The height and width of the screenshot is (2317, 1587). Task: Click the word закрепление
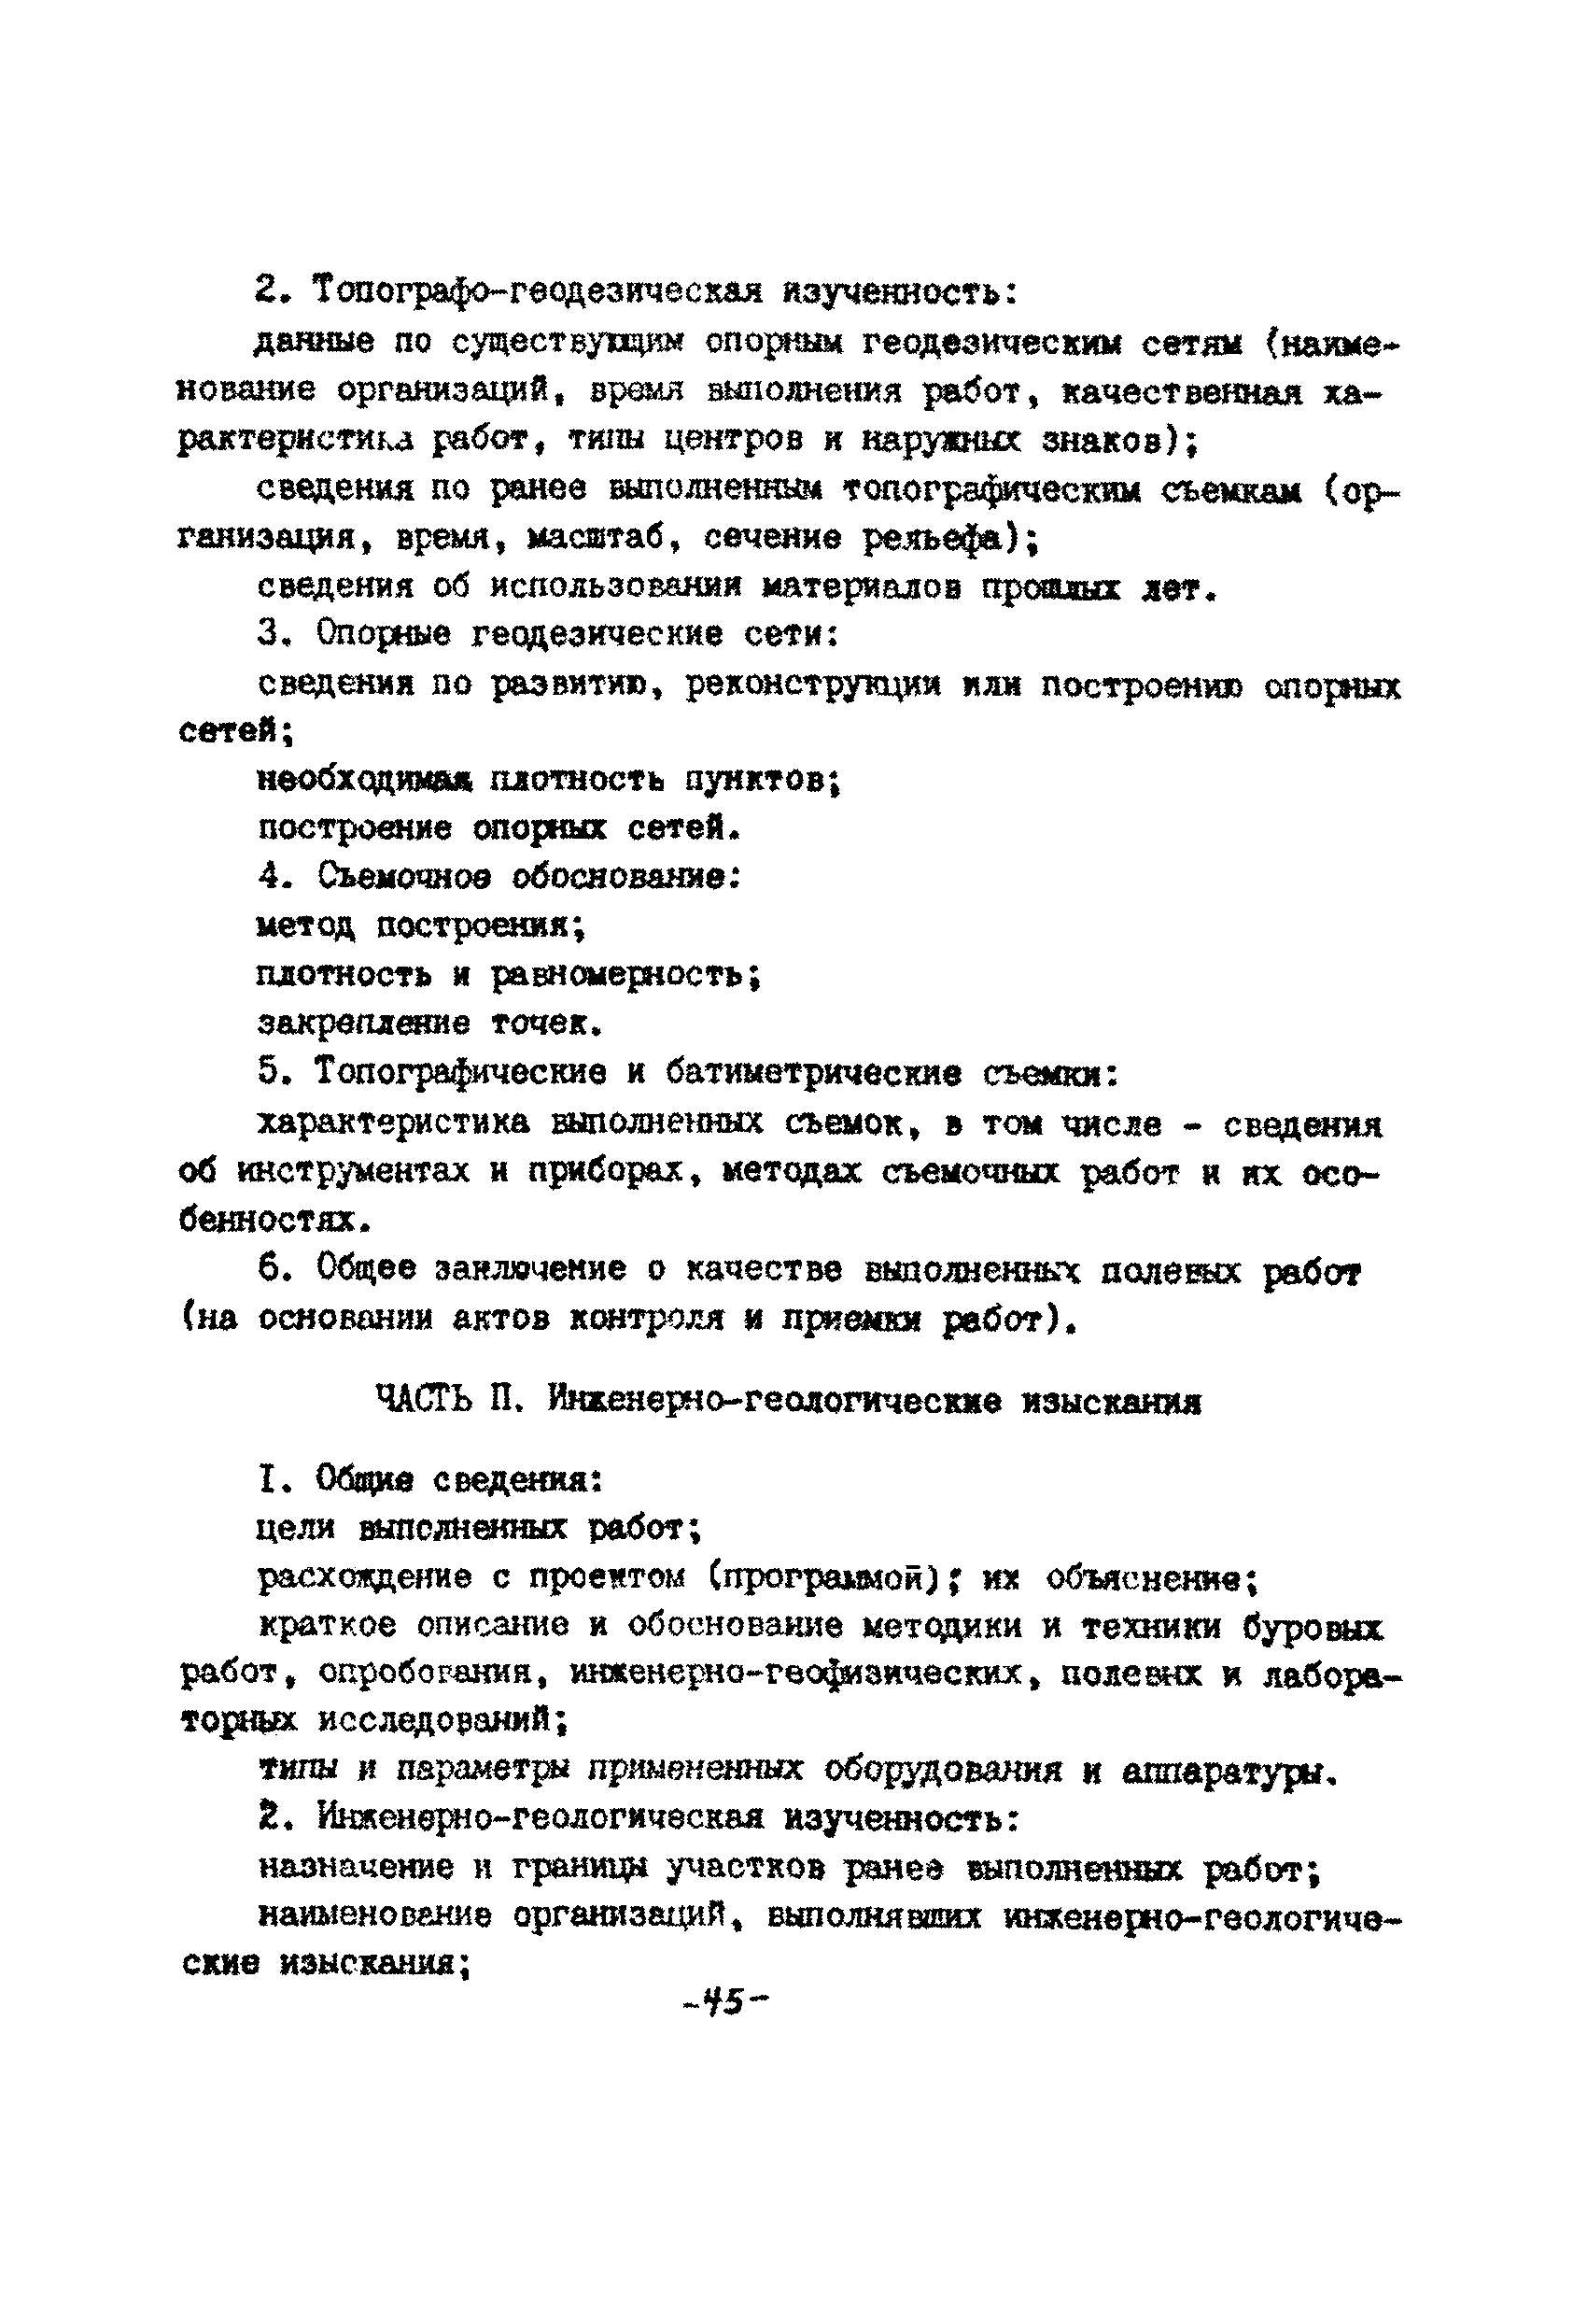tap(364, 1023)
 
